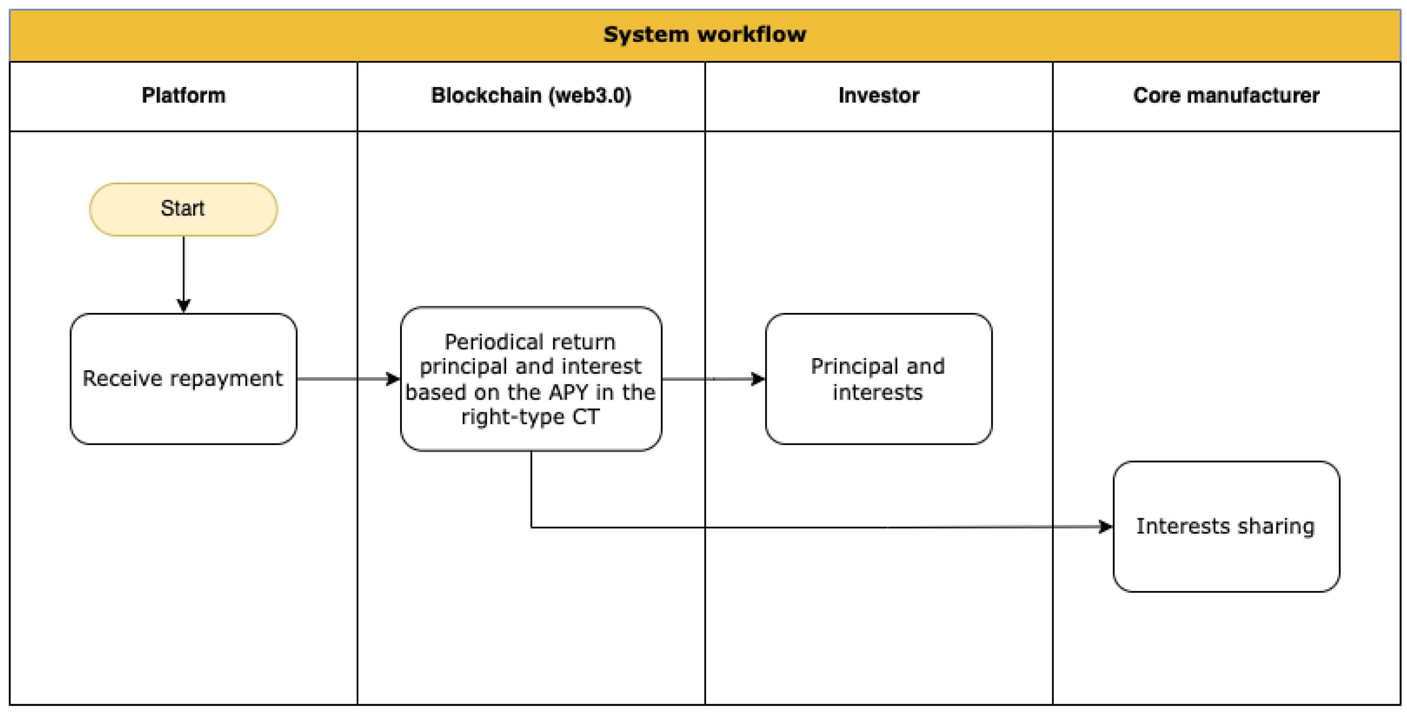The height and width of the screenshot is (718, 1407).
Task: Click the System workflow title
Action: [705, 34]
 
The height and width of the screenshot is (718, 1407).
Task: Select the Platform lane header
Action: [183, 96]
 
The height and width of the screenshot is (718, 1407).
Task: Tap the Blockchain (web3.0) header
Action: [531, 96]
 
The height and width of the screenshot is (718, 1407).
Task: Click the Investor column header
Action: [878, 96]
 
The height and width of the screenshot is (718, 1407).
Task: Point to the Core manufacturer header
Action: [1226, 96]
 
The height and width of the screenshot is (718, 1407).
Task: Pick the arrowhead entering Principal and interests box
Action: [758, 379]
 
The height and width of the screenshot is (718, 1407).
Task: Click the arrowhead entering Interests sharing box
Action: [1105, 527]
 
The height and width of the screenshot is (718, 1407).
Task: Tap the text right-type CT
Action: [530, 417]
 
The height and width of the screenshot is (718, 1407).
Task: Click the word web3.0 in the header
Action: [590, 96]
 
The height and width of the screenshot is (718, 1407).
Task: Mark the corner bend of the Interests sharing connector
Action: [532, 527]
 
